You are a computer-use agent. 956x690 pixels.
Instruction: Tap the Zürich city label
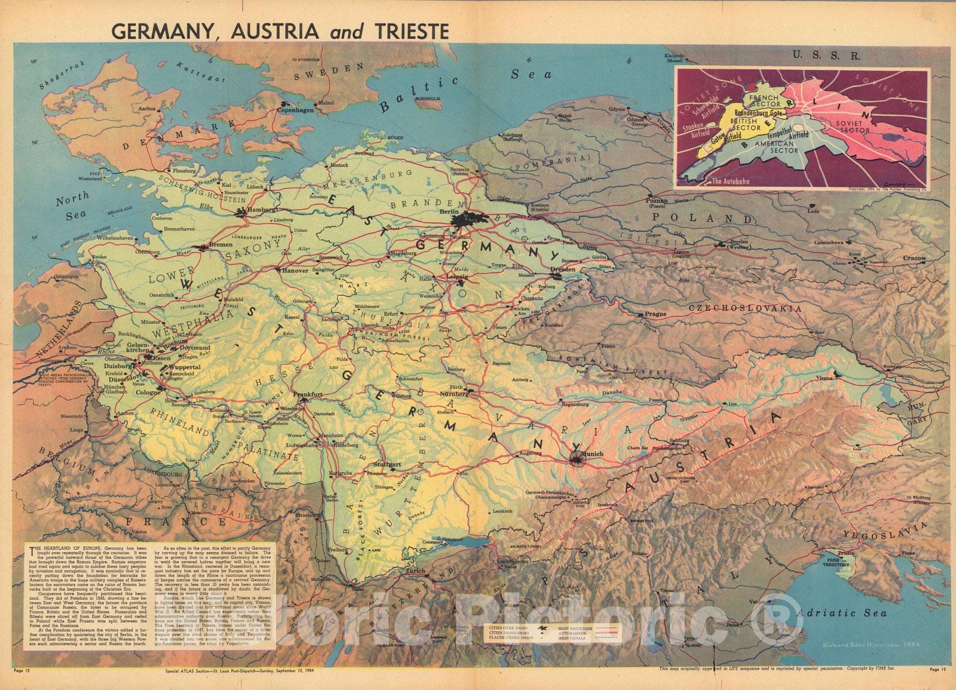pos(416,571)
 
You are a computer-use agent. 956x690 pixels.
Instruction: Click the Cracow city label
pos(914,258)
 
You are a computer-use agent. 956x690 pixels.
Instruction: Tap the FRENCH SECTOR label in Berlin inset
pos(764,100)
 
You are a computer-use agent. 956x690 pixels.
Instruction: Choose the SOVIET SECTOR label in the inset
pos(854,126)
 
